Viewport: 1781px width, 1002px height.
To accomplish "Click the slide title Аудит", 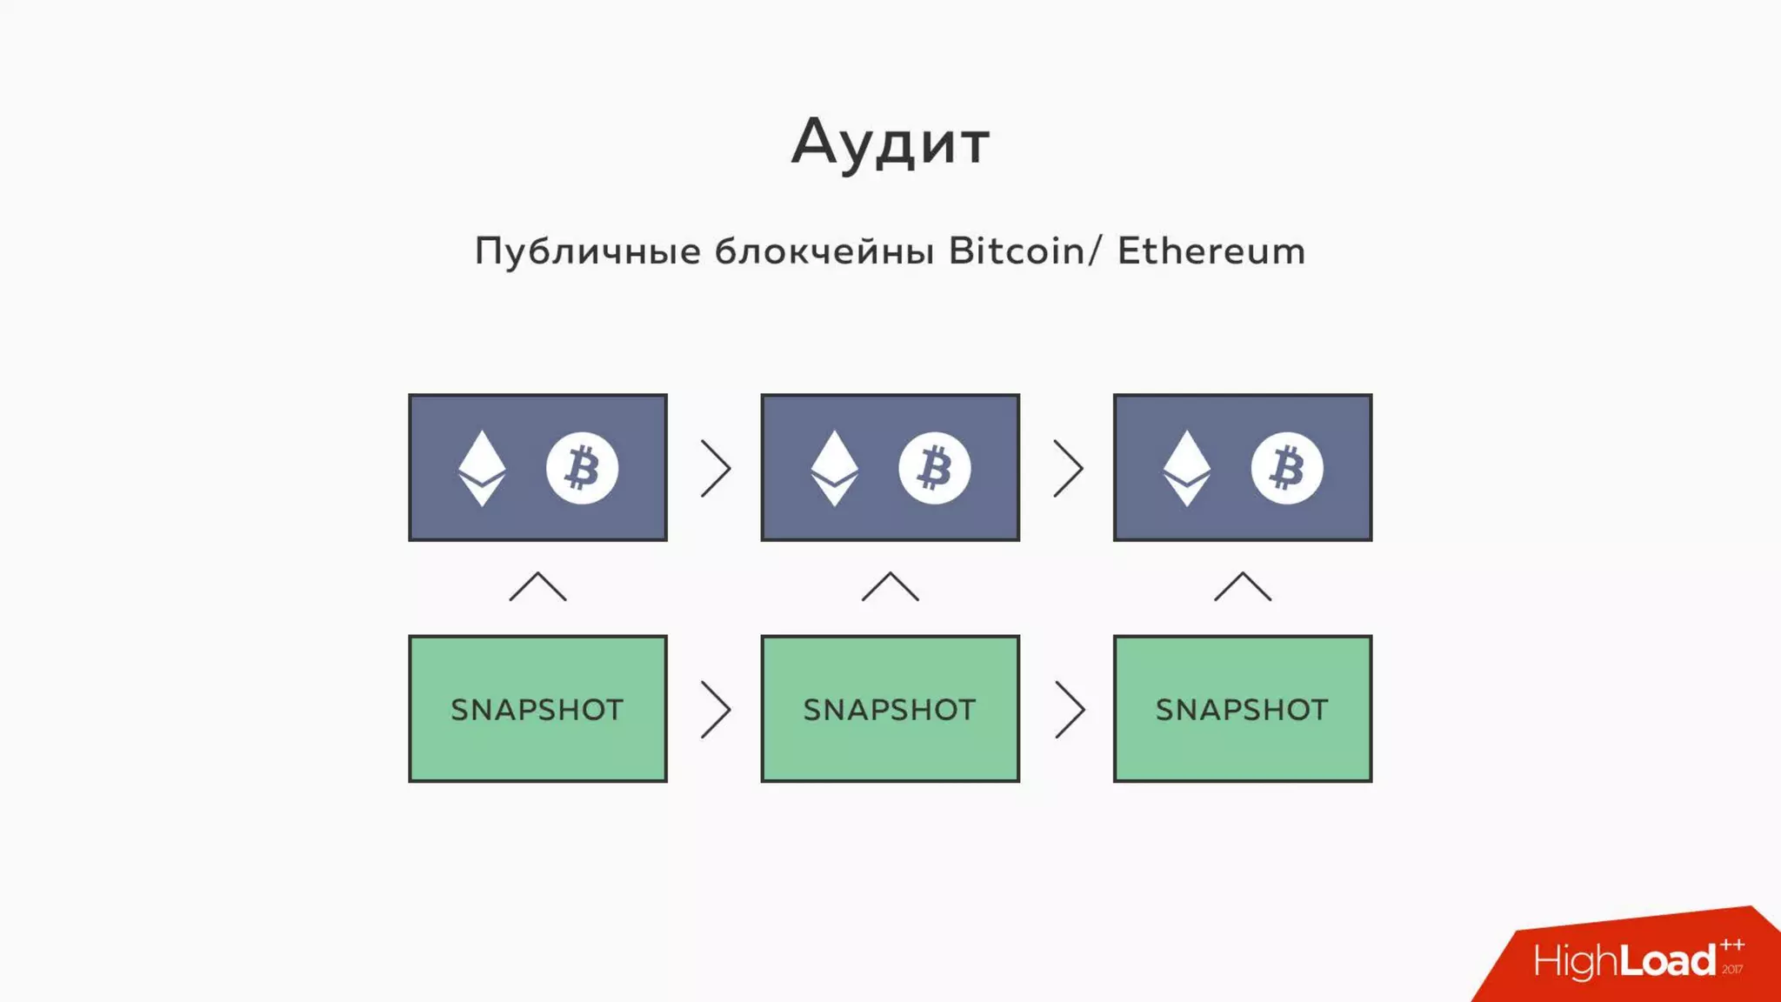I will [x=890, y=142].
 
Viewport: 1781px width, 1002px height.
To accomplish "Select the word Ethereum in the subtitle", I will [x=1211, y=251].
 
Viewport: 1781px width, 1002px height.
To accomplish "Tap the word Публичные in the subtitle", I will [x=588, y=252].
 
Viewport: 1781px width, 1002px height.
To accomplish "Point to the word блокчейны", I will [x=824, y=251].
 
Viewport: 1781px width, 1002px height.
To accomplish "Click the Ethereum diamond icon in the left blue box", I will [x=482, y=468].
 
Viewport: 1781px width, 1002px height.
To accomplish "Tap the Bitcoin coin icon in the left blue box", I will [x=582, y=468].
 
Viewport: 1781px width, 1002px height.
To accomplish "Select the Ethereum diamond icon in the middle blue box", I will [x=834, y=468].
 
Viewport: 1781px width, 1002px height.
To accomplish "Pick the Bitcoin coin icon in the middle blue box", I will [x=934, y=468].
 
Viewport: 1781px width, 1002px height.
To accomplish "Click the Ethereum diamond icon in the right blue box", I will [x=1186, y=468].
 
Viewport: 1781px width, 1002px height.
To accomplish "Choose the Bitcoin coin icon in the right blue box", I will [x=1287, y=468].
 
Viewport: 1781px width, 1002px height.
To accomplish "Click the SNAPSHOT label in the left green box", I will [x=537, y=710].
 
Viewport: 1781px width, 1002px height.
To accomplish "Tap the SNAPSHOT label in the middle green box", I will [x=890, y=710].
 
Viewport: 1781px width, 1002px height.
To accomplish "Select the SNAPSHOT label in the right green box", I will [x=1242, y=710].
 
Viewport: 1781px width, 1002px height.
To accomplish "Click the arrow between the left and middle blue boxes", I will [x=716, y=468].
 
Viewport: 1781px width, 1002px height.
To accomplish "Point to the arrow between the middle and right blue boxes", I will [x=1068, y=468].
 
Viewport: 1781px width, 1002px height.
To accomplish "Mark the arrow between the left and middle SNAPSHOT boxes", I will [x=716, y=710].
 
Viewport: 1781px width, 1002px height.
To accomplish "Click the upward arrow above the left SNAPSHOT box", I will [x=537, y=587].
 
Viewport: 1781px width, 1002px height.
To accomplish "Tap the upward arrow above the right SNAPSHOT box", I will [x=1242, y=587].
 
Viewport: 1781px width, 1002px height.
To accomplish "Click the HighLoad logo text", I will [x=1624, y=961].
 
